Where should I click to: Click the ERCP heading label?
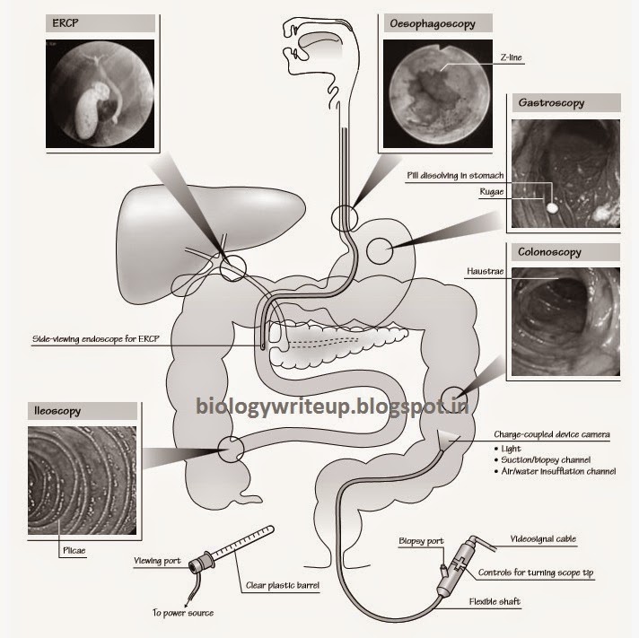pyautogui.click(x=66, y=23)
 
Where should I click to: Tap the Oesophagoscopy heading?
pyautogui.click(x=433, y=23)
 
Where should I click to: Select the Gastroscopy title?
pyautogui.click(x=551, y=102)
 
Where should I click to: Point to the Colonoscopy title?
pyautogui.click(x=549, y=252)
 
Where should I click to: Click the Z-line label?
pyautogui.click(x=511, y=57)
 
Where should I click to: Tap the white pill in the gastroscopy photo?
pyautogui.click(x=552, y=208)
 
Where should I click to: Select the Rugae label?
pyautogui.click(x=492, y=192)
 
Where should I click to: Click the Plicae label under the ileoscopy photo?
pyautogui.click(x=74, y=550)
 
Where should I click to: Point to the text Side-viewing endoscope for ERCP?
pyautogui.click(x=96, y=339)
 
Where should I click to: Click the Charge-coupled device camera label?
pyautogui.click(x=552, y=434)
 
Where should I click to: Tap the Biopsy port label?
pyautogui.click(x=421, y=541)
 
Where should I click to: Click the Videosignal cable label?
pyautogui.click(x=543, y=539)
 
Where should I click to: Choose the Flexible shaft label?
pyautogui.click(x=495, y=601)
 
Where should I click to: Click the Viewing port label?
pyautogui.click(x=157, y=561)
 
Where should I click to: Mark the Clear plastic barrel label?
pyautogui.click(x=283, y=585)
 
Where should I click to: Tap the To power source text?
pyautogui.click(x=183, y=613)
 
